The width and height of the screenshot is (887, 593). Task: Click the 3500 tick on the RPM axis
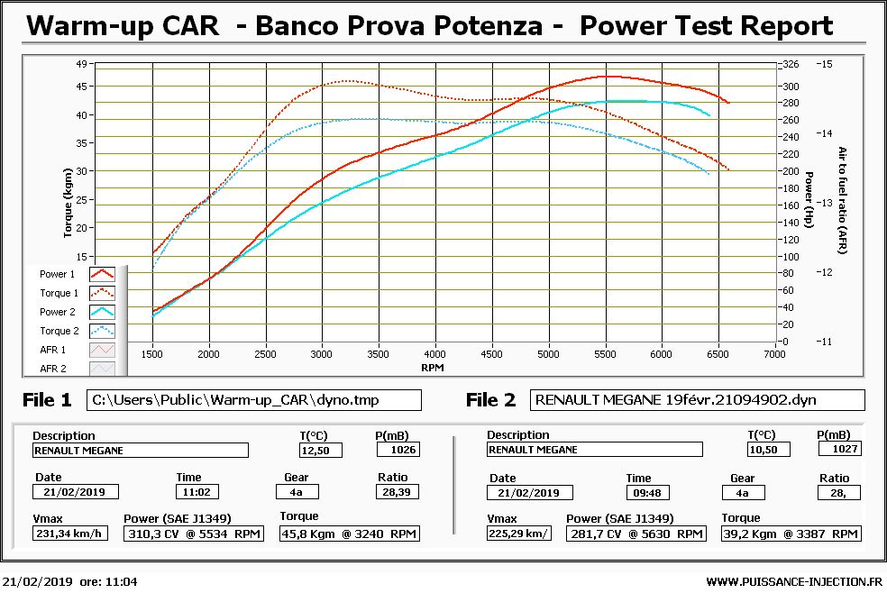[x=379, y=354]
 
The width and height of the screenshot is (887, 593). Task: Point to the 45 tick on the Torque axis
[x=80, y=87]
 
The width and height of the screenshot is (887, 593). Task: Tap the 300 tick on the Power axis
[x=790, y=87]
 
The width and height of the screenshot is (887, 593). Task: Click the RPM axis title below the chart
[x=433, y=368]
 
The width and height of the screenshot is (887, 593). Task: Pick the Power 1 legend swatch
[x=102, y=274]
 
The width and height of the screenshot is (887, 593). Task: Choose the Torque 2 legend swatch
[x=102, y=331]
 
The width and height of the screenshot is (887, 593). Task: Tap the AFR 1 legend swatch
[x=102, y=350]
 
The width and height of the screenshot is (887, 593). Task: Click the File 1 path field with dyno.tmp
[x=254, y=399]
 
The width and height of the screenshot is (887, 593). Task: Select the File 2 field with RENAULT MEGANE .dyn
[x=698, y=399]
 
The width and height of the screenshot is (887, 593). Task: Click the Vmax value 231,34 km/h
[x=69, y=534]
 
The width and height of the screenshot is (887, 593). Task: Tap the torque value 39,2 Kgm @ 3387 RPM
[x=791, y=534]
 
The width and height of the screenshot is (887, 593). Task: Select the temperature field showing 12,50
[x=321, y=450]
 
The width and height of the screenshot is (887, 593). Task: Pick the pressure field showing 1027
[x=838, y=449]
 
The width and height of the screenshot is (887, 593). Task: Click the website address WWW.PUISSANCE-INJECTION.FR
[x=793, y=582]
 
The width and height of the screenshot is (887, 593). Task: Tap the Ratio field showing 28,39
[x=397, y=492]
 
